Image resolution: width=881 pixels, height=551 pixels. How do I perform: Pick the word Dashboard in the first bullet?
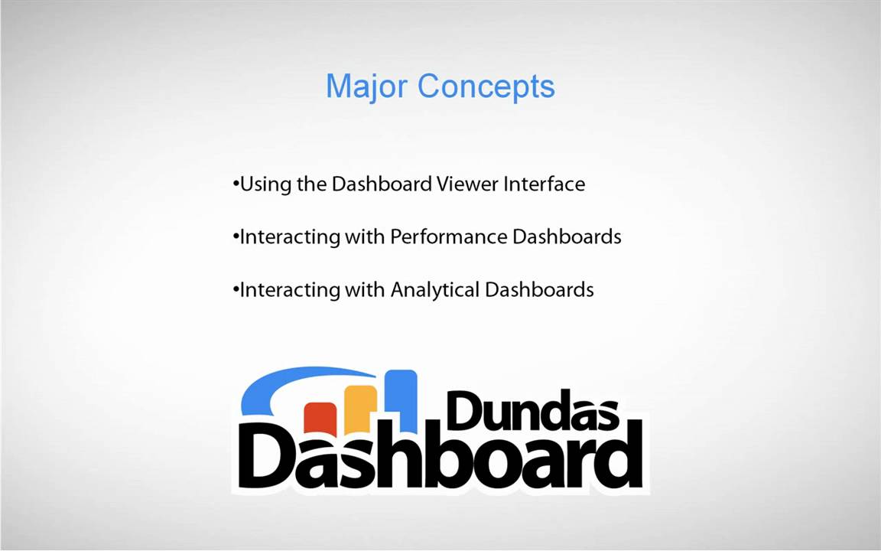point(382,184)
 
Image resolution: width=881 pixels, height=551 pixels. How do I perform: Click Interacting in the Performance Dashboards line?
point(290,237)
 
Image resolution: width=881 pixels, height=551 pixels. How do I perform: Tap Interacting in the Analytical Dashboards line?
point(290,290)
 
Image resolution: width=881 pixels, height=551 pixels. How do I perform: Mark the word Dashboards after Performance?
point(567,237)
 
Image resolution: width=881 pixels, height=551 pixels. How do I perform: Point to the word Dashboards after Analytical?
point(539,290)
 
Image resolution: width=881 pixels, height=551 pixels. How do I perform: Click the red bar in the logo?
point(320,416)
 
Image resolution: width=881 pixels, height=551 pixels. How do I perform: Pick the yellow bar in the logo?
point(360,406)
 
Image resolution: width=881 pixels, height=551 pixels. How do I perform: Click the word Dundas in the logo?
point(532,411)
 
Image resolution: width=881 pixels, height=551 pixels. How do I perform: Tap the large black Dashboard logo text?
point(440,459)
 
